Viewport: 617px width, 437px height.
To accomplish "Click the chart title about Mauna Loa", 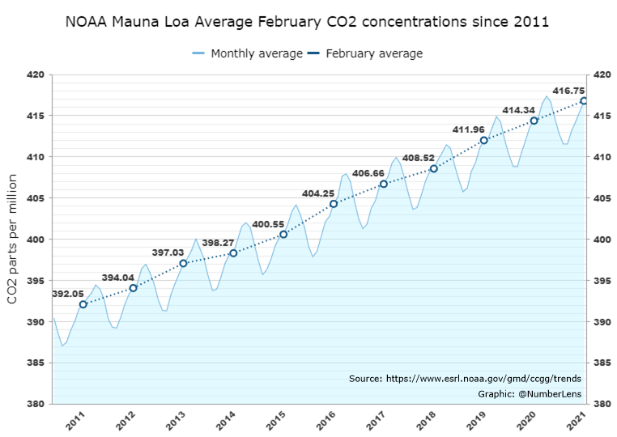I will click(x=308, y=22).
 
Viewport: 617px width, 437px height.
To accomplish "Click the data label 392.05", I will click(x=68, y=294).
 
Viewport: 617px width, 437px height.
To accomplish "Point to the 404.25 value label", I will click(x=318, y=193).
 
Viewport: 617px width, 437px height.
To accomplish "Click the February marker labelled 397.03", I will click(x=183, y=263).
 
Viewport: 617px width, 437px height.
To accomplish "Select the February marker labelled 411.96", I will click(x=484, y=140).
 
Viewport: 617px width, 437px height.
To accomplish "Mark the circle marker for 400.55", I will click(x=283, y=234).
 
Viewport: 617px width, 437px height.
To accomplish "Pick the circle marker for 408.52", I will click(x=434, y=168).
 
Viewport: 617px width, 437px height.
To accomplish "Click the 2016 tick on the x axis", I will click(x=326, y=422).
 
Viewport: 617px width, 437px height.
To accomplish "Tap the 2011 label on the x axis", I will click(x=75, y=422).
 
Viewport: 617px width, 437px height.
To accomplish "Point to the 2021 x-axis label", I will click(x=577, y=422).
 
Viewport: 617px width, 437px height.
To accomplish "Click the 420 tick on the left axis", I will click(x=35, y=74).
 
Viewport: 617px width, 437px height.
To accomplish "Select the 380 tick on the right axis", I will click(x=603, y=404).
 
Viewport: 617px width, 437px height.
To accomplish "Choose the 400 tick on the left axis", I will click(x=35, y=240).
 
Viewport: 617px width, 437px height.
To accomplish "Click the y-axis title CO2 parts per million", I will click(x=13, y=240).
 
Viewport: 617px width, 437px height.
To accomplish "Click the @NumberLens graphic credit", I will click(x=527, y=393).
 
